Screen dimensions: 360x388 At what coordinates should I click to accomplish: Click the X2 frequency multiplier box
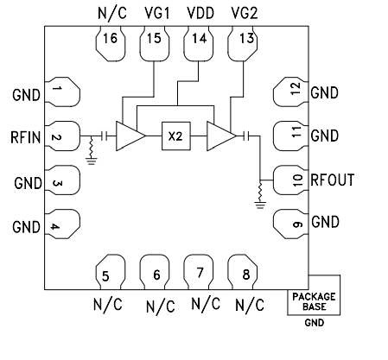[175, 136]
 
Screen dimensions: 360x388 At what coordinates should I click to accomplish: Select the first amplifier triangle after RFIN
[130, 136]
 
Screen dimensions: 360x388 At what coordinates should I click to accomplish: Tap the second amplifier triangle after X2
[221, 136]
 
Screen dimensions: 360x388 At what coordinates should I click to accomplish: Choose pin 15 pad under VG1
[153, 46]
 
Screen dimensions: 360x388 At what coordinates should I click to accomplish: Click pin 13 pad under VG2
[244, 46]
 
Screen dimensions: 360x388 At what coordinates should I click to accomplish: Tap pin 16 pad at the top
[109, 46]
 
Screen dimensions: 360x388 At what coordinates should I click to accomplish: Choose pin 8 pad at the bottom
[244, 272]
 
